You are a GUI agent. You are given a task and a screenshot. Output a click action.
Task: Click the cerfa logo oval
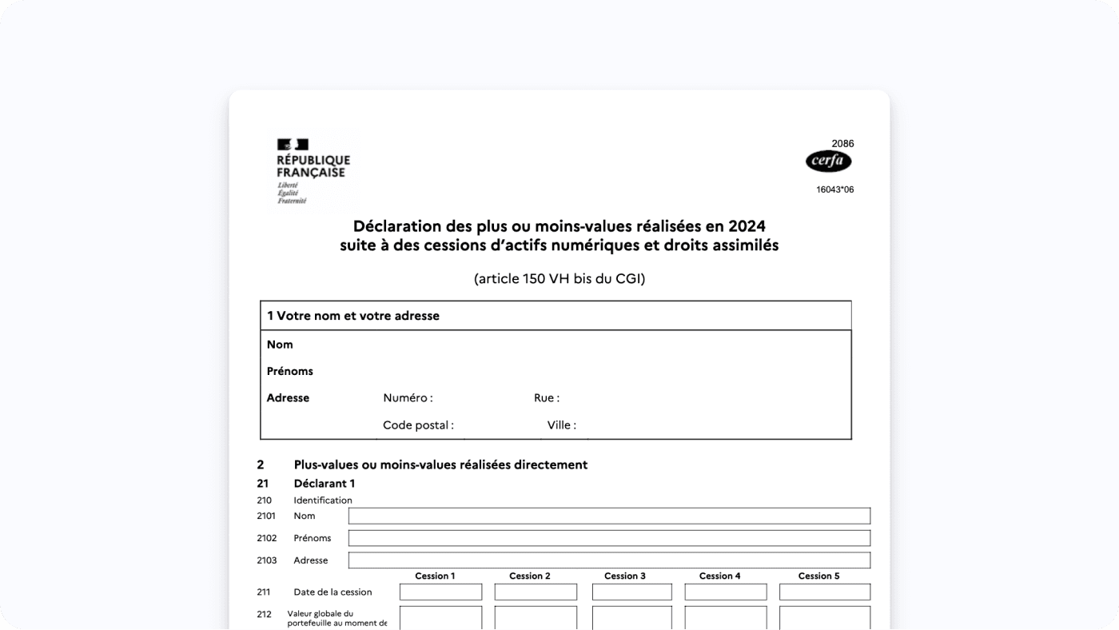coord(828,161)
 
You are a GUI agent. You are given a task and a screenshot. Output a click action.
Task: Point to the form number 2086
coord(842,144)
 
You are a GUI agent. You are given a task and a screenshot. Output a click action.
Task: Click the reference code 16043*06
coord(834,190)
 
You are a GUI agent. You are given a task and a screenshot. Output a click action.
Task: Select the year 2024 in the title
coord(747,226)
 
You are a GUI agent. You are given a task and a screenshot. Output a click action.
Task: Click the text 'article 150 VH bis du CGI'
coord(559,279)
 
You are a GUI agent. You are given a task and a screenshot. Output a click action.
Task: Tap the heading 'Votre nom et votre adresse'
coord(357,316)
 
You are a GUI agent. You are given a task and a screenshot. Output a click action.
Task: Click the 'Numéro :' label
coord(408,398)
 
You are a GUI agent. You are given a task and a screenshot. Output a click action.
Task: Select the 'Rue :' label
coord(547,398)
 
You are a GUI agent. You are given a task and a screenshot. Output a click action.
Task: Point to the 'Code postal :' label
coord(418,425)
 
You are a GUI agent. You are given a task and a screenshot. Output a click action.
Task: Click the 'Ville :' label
coord(561,425)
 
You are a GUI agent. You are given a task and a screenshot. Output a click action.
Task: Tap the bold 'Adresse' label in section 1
coord(288,398)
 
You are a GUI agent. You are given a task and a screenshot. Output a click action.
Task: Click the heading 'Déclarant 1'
coord(324,484)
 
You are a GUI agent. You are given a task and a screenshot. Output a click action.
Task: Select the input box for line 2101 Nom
coord(609,516)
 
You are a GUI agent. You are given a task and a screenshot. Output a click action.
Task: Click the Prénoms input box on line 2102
coord(609,538)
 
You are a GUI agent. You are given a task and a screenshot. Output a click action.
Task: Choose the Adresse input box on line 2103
coord(609,560)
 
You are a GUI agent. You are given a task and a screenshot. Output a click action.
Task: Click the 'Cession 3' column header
coord(625,576)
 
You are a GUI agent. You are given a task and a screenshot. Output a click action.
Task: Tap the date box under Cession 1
coord(440,592)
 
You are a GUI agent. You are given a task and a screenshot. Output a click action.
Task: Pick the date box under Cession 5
coord(824,592)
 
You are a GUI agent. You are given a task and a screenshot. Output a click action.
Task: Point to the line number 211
coord(264,592)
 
